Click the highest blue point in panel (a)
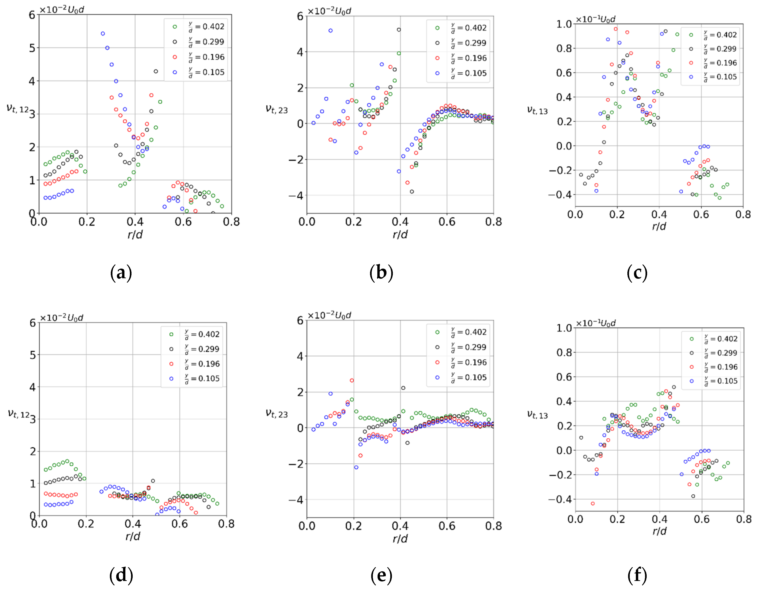pos(103,34)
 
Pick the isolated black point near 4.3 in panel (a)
pos(156,72)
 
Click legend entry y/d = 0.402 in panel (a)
pos(207,27)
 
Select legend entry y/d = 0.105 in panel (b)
pos(469,73)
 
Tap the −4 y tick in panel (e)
pos(296,500)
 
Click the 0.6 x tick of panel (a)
pos(183,222)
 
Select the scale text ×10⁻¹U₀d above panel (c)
pos(595,19)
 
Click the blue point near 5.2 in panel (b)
pos(331,31)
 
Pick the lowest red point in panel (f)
pos(593,503)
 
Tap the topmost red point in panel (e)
pos(352,380)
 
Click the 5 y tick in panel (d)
pos(33,355)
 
